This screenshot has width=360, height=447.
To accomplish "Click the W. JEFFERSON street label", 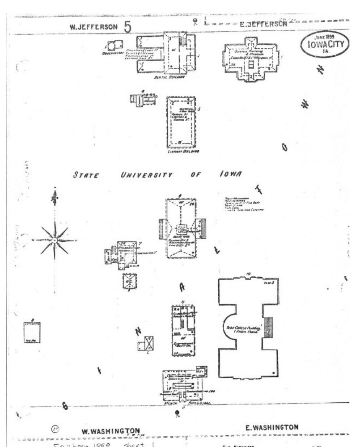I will coord(93,27).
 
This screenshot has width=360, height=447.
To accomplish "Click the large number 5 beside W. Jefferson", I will coord(127,27).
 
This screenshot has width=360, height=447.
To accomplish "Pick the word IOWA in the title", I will coord(231,174).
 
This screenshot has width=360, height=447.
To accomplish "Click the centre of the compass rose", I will coord(54,240).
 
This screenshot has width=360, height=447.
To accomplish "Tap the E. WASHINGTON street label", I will coord(272,427).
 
